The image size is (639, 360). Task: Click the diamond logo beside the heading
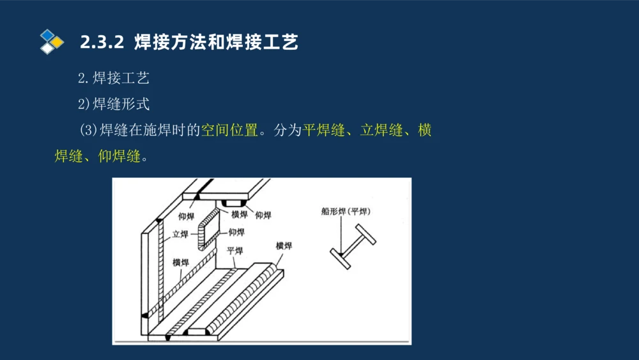[x=52, y=41]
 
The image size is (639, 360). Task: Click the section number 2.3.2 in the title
[x=102, y=43]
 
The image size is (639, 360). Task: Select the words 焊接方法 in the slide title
[x=164, y=43]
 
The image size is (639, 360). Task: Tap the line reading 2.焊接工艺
[x=114, y=79]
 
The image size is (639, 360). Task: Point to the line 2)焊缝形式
[x=114, y=104]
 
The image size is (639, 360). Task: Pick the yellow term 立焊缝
[x=381, y=130]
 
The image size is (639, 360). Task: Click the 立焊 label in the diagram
[x=180, y=235]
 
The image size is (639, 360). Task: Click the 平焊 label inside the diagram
[x=235, y=250]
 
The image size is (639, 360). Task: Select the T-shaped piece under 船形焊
[x=353, y=246]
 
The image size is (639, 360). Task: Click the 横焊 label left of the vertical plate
[x=180, y=262]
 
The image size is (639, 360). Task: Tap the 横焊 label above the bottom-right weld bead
[x=284, y=246]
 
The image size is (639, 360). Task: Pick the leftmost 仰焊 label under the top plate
[x=187, y=215]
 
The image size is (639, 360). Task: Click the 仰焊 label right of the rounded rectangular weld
[x=236, y=231]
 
